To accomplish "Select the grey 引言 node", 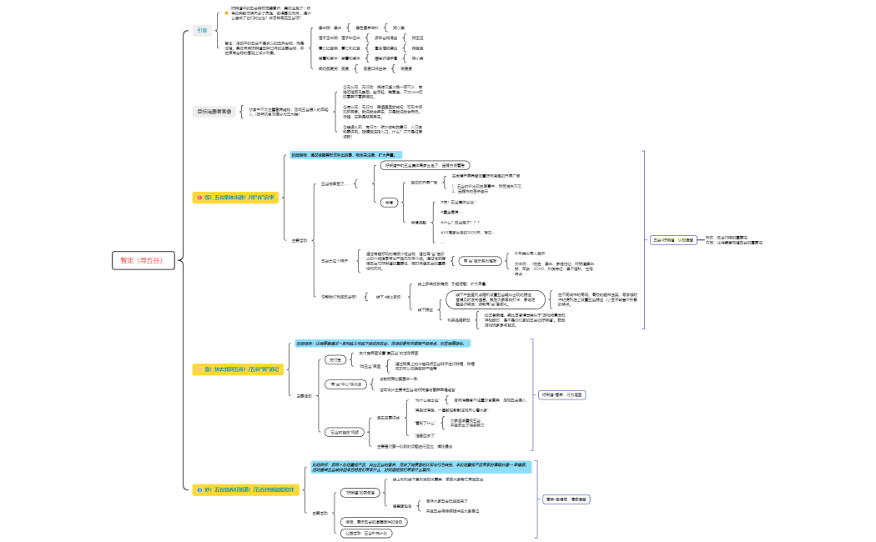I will pos(202,30).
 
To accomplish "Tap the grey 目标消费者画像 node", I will pos(215,111).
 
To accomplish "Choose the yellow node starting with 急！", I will pos(239,368).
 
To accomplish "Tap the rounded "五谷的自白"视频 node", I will pos(343,432).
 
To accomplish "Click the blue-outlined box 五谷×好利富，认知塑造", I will pos(672,239).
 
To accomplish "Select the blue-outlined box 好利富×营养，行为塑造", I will pos(562,394).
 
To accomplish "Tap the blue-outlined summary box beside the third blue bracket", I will pos(567,499).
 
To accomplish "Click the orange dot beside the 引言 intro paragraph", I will pos(225,13).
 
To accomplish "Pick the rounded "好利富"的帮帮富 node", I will pos(361,493).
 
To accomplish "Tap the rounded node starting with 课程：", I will pos(375,522).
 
